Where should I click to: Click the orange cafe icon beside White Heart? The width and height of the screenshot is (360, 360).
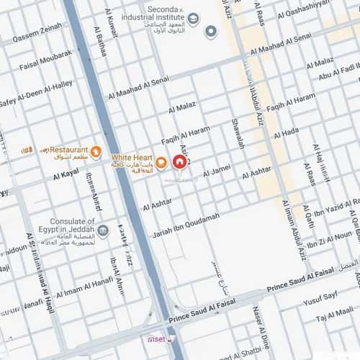[x=161, y=161]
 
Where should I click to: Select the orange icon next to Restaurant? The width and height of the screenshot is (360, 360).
[x=96, y=150]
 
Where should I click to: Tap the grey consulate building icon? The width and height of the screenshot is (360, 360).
[x=104, y=230]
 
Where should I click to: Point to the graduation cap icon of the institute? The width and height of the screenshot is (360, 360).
[x=193, y=16]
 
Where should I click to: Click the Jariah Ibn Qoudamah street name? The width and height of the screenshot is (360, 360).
[x=186, y=225]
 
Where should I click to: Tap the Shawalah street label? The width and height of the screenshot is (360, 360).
[x=238, y=133]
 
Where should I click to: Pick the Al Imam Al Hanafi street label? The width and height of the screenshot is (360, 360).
[x=84, y=286]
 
